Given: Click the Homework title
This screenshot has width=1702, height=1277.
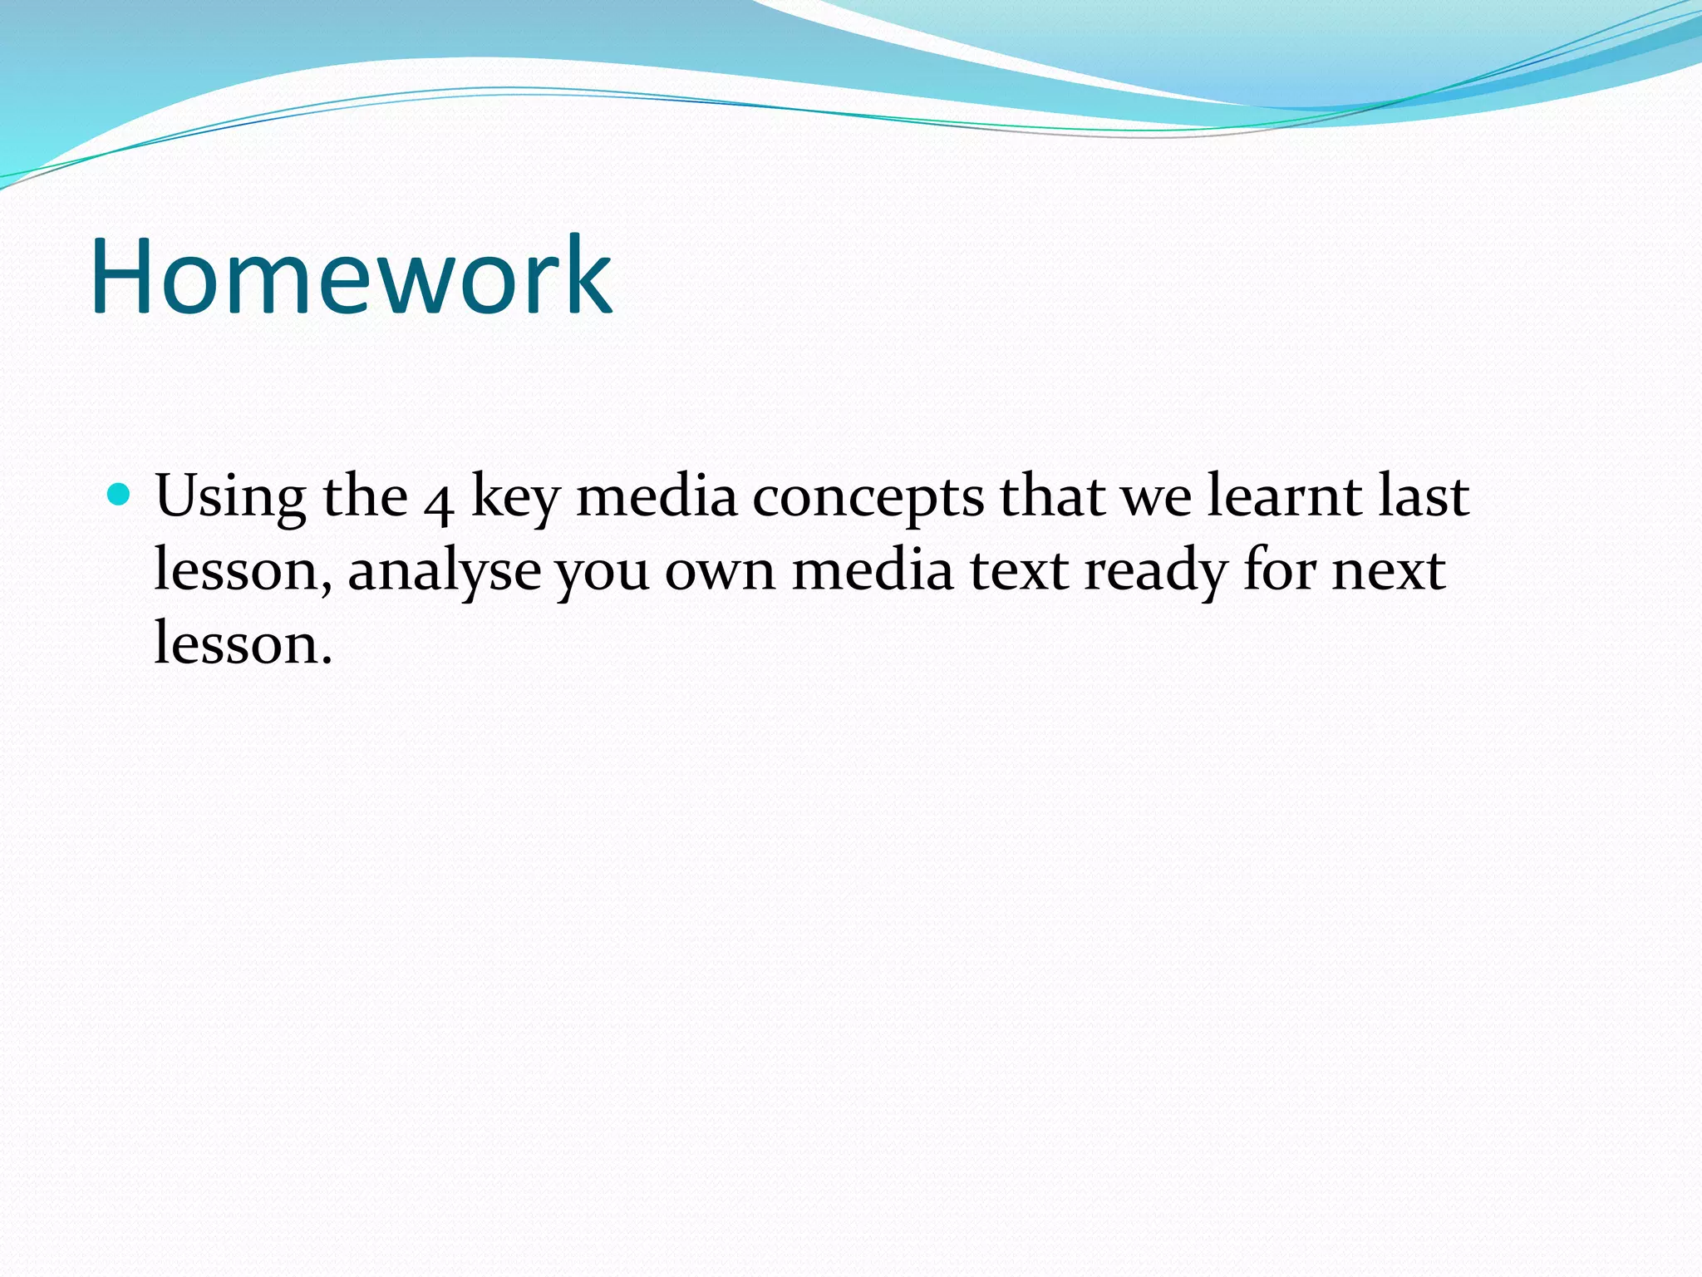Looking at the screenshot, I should tap(351, 276).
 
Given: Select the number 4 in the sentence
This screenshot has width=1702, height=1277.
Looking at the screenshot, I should tap(438, 502).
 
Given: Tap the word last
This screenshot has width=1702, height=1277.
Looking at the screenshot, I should tap(1424, 496).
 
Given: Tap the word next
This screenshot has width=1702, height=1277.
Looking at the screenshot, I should tap(1388, 572).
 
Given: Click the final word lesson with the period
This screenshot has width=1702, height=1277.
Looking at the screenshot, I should tap(243, 644).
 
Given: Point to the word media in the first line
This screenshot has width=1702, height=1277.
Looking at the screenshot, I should tap(657, 497).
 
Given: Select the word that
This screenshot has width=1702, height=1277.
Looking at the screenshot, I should tap(1052, 496).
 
